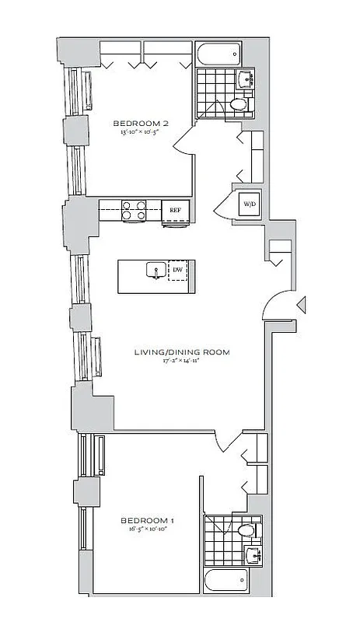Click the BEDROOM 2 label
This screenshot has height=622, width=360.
tap(141, 123)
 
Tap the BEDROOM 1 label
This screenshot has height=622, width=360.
tap(147, 519)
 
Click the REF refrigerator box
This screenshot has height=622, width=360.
tap(175, 210)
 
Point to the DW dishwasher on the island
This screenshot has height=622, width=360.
tap(178, 270)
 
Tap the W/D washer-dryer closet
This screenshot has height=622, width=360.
tap(249, 204)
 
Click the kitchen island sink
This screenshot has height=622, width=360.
tap(154, 271)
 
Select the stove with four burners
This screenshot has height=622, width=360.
tap(135, 210)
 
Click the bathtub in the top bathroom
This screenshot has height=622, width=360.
tap(220, 54)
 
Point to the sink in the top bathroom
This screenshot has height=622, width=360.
tap(247, 78)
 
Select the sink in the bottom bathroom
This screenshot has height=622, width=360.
tap(251, 555)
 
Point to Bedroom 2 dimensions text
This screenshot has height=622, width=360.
tap(141, 133)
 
